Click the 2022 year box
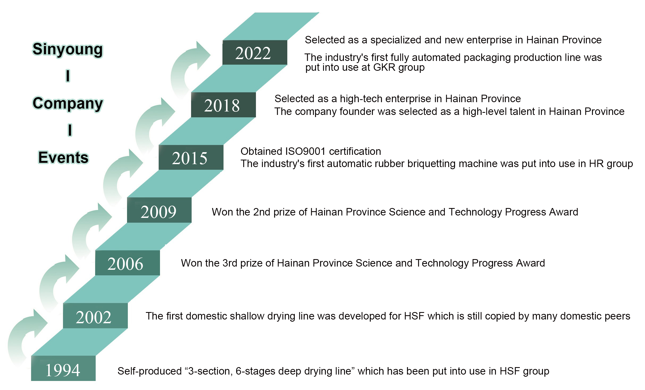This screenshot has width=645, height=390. pyautogui.click(x=255, y=52)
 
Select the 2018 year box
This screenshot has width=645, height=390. pyautogui.click(x=223, y=105)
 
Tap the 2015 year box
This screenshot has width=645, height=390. pyautogui.click(x=191, y=157)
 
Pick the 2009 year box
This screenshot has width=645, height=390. pyautogui.click(x=159, y=210)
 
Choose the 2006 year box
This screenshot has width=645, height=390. pyautogui.click(x=127, y=263)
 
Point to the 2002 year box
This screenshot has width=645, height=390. pyautogui.click(x=95, y=316)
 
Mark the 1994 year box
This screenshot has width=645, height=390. pyautogui.click(x=63, y=368)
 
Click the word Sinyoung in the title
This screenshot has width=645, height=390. pyautogui.click(x=68, y=49)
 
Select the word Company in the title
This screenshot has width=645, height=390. pyautogui.click(x=68, y=103)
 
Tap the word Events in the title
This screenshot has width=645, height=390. pyautogui.click(x=63, y=157)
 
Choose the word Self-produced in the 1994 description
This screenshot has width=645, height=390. pyautogui.click(x=150, y=371)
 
